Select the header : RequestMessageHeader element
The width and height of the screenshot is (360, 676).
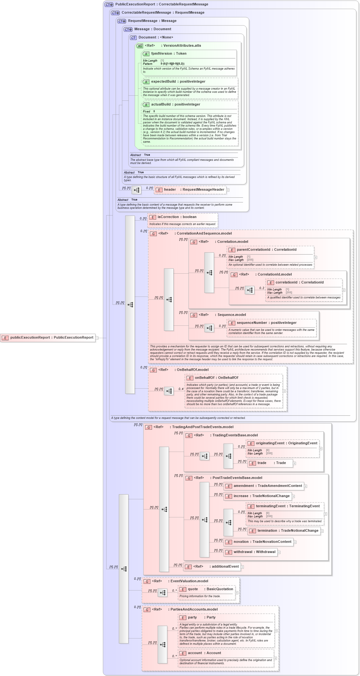pos(190,190)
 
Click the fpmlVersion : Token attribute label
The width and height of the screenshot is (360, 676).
pos(169,54)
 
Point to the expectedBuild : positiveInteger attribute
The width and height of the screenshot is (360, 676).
pos(178,82)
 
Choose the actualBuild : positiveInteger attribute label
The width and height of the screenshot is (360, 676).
pos(176,105)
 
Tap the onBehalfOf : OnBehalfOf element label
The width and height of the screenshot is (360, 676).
pos(216,378)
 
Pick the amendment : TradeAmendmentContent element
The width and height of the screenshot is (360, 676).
pos(264,486)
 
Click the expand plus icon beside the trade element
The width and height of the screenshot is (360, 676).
pos(294,463)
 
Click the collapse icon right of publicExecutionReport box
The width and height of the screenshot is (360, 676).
pos(97,338)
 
